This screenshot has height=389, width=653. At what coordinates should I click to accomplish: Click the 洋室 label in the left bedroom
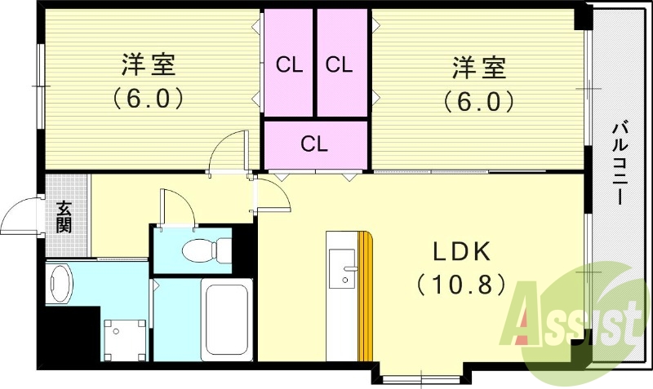point(149,65)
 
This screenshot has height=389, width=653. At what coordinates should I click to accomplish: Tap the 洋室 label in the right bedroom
point(479,68)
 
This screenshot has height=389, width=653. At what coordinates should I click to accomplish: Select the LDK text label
point(461,251)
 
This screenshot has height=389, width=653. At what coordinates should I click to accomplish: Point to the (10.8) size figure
point(461,285)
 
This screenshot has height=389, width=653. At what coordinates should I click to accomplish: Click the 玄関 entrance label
point(64,217)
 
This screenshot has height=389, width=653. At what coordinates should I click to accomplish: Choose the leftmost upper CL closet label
point(290,65)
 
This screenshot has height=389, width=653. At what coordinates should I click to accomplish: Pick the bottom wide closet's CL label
point(314,144)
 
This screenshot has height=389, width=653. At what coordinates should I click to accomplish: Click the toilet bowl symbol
point(207,250)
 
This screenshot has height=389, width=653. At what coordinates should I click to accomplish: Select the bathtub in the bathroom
point(227,319)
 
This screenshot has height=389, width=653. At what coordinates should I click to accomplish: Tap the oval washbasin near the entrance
point(61,284)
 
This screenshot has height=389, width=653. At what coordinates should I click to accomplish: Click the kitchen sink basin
point(342,269)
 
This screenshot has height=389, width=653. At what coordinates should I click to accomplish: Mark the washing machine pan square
point(125,340)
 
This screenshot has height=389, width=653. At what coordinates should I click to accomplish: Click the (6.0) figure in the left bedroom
point(149,98)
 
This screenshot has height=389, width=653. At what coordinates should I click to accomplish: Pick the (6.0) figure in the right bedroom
point(478,101)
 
